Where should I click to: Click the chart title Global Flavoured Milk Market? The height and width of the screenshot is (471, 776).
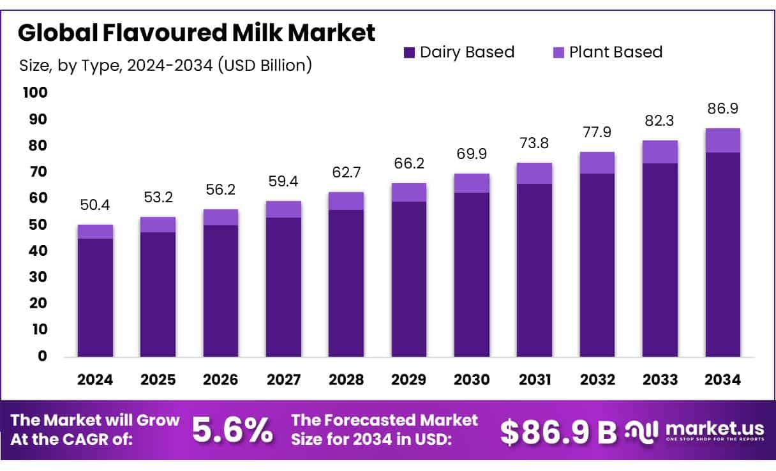point(197,33)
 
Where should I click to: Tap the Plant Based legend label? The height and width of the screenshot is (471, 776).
point(616,52)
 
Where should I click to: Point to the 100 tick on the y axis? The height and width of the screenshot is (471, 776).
point(35,93)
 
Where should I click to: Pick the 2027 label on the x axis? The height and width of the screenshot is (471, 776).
point(284,380)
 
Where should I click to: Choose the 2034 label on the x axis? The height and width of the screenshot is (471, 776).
point(723,380)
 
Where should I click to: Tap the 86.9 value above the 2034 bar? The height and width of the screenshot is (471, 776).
point(723,108)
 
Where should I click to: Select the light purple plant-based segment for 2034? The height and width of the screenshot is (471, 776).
point(723,140)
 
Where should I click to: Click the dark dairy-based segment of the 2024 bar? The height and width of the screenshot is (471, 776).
point(95,297)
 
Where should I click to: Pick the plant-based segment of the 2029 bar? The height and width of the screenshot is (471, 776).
point(409,193)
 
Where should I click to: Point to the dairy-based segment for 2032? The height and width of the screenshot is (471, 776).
point(597,265)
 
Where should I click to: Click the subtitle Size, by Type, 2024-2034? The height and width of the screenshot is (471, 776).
point(165,65)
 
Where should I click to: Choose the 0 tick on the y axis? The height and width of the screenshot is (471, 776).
point(41,356)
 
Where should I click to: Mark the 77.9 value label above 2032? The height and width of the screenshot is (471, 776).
point(597,132)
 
